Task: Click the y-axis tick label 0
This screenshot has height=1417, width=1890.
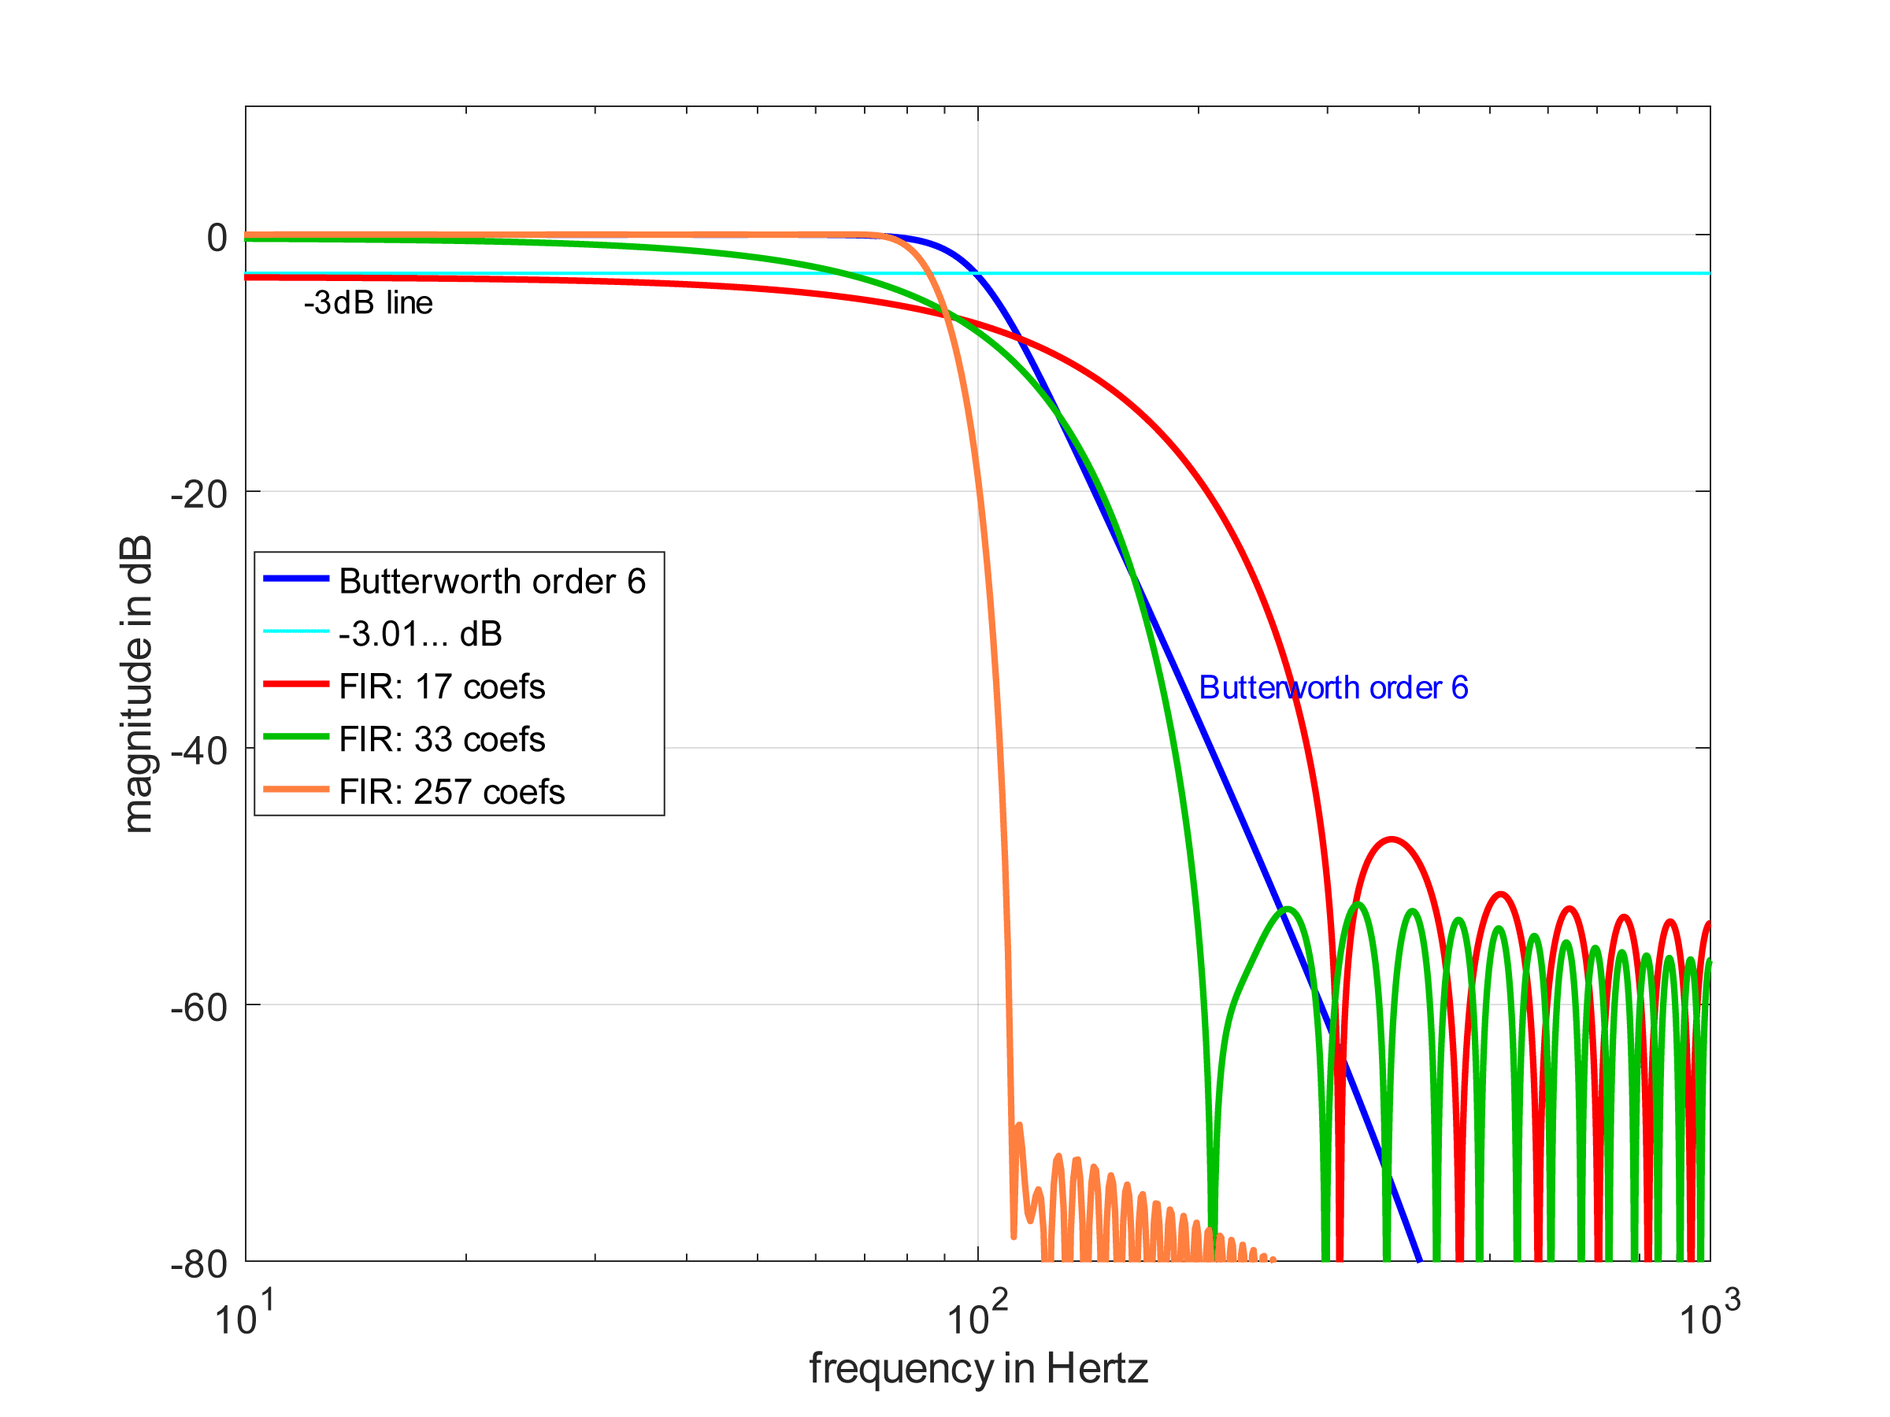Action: [217, 239]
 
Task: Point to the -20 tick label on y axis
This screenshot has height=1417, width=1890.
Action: [199, 494]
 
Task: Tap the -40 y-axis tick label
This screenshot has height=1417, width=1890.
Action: [199, 752]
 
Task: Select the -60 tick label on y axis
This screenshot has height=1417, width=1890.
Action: [199, 1008]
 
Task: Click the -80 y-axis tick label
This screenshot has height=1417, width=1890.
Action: [199, 1264]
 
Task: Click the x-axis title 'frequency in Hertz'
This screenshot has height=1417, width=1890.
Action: [978, 1368]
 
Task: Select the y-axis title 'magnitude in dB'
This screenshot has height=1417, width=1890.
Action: [137, 683]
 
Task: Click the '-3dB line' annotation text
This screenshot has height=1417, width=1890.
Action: [369, 303]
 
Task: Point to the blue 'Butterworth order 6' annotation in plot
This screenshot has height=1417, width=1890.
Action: [1333, 687]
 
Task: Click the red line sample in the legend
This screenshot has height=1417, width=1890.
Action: [295, 684]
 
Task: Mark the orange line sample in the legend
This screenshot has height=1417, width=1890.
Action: [295, 790]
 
